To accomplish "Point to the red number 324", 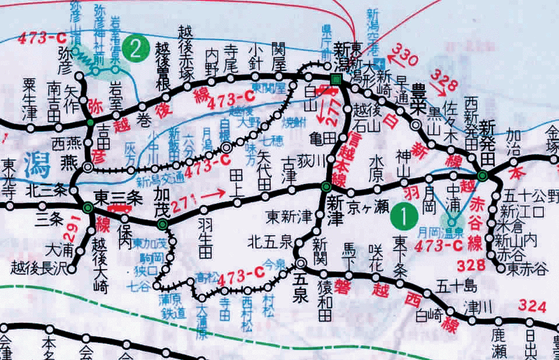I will [x=532, y=306].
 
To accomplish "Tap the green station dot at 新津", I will [x=326, y=187].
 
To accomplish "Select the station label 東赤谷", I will [x=527, y=268].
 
